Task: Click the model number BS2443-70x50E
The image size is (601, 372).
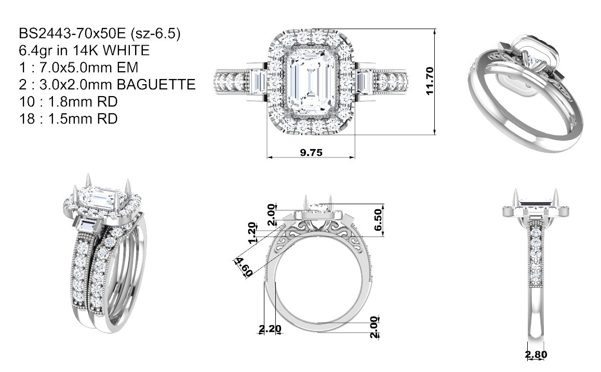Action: [x=72, y=34]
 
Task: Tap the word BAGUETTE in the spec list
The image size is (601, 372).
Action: [x=156, y=84]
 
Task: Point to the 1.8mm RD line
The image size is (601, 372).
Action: [x=68, y=102]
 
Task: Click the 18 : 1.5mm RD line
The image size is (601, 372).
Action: [x=68, y=118]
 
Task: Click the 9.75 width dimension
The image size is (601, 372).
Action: [x=311, y=153]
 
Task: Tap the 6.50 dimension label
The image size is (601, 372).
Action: [x=378, y=220]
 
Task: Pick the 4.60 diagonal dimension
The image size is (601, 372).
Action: [x=244, y=267]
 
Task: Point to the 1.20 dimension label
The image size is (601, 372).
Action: [x=251, y=233]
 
